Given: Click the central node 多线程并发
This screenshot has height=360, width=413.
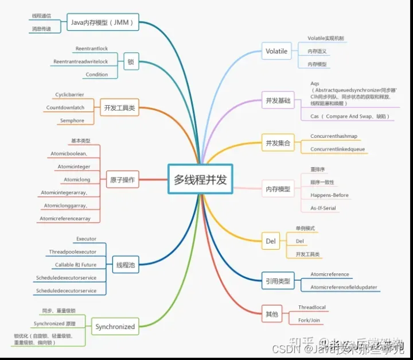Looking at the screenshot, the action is click(x=200, y=180).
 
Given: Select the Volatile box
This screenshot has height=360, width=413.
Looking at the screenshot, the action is click(x=276, y=51).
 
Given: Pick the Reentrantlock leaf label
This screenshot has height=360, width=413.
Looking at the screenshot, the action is click(x=92, y=49).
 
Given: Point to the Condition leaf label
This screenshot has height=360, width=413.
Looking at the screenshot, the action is click(x=96, y=75).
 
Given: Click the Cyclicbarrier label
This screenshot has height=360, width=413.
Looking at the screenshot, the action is click(x=70, y=94).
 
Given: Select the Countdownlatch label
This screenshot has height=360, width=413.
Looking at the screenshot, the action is click(x=65, y=107).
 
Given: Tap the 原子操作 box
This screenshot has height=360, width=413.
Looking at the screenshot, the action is click(x=122, y=180).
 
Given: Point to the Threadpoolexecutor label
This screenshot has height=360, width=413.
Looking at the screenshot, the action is click(x=73, y=251).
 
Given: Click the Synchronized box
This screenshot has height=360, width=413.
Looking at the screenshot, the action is click(x=115, y=327).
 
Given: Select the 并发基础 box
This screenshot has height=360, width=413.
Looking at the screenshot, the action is click(x=278, y=100).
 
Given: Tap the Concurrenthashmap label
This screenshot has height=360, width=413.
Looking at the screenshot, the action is click(x=334, y=136).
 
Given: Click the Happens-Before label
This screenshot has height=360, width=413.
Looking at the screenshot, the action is click(x=330, y=195).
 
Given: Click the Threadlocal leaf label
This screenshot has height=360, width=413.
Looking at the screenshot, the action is click(x=312, y=307).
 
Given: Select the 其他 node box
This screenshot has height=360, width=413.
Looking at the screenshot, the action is click(x=271, y=314).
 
